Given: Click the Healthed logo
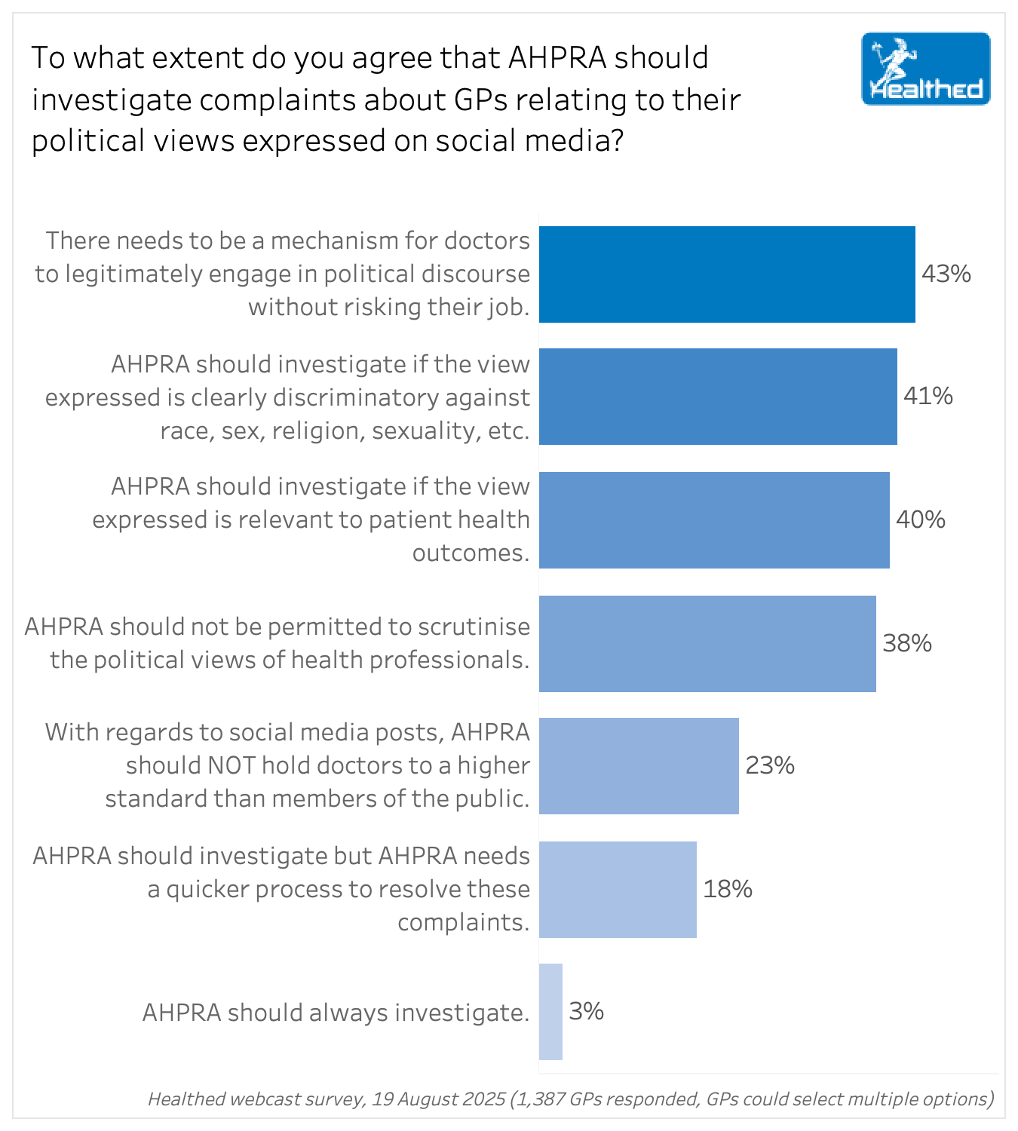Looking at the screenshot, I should click(925, 69).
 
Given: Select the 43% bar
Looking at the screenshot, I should click(727, 274).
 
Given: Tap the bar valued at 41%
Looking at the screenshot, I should click(718, 397).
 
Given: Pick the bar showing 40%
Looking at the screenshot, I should click(714, 520).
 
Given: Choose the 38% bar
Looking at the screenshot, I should click(707, 644).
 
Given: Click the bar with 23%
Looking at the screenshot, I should click(639, 766).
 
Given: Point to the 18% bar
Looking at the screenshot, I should click(618, 890).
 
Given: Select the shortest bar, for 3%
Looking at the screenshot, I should click(550, 1012).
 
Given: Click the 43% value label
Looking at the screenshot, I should click(946, 274).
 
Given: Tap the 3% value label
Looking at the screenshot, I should click(586, 1011).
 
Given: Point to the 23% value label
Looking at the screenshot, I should click(770, 765).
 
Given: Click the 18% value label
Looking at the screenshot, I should click(728, 889).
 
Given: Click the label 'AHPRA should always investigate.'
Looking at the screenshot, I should click(336, 1012).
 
